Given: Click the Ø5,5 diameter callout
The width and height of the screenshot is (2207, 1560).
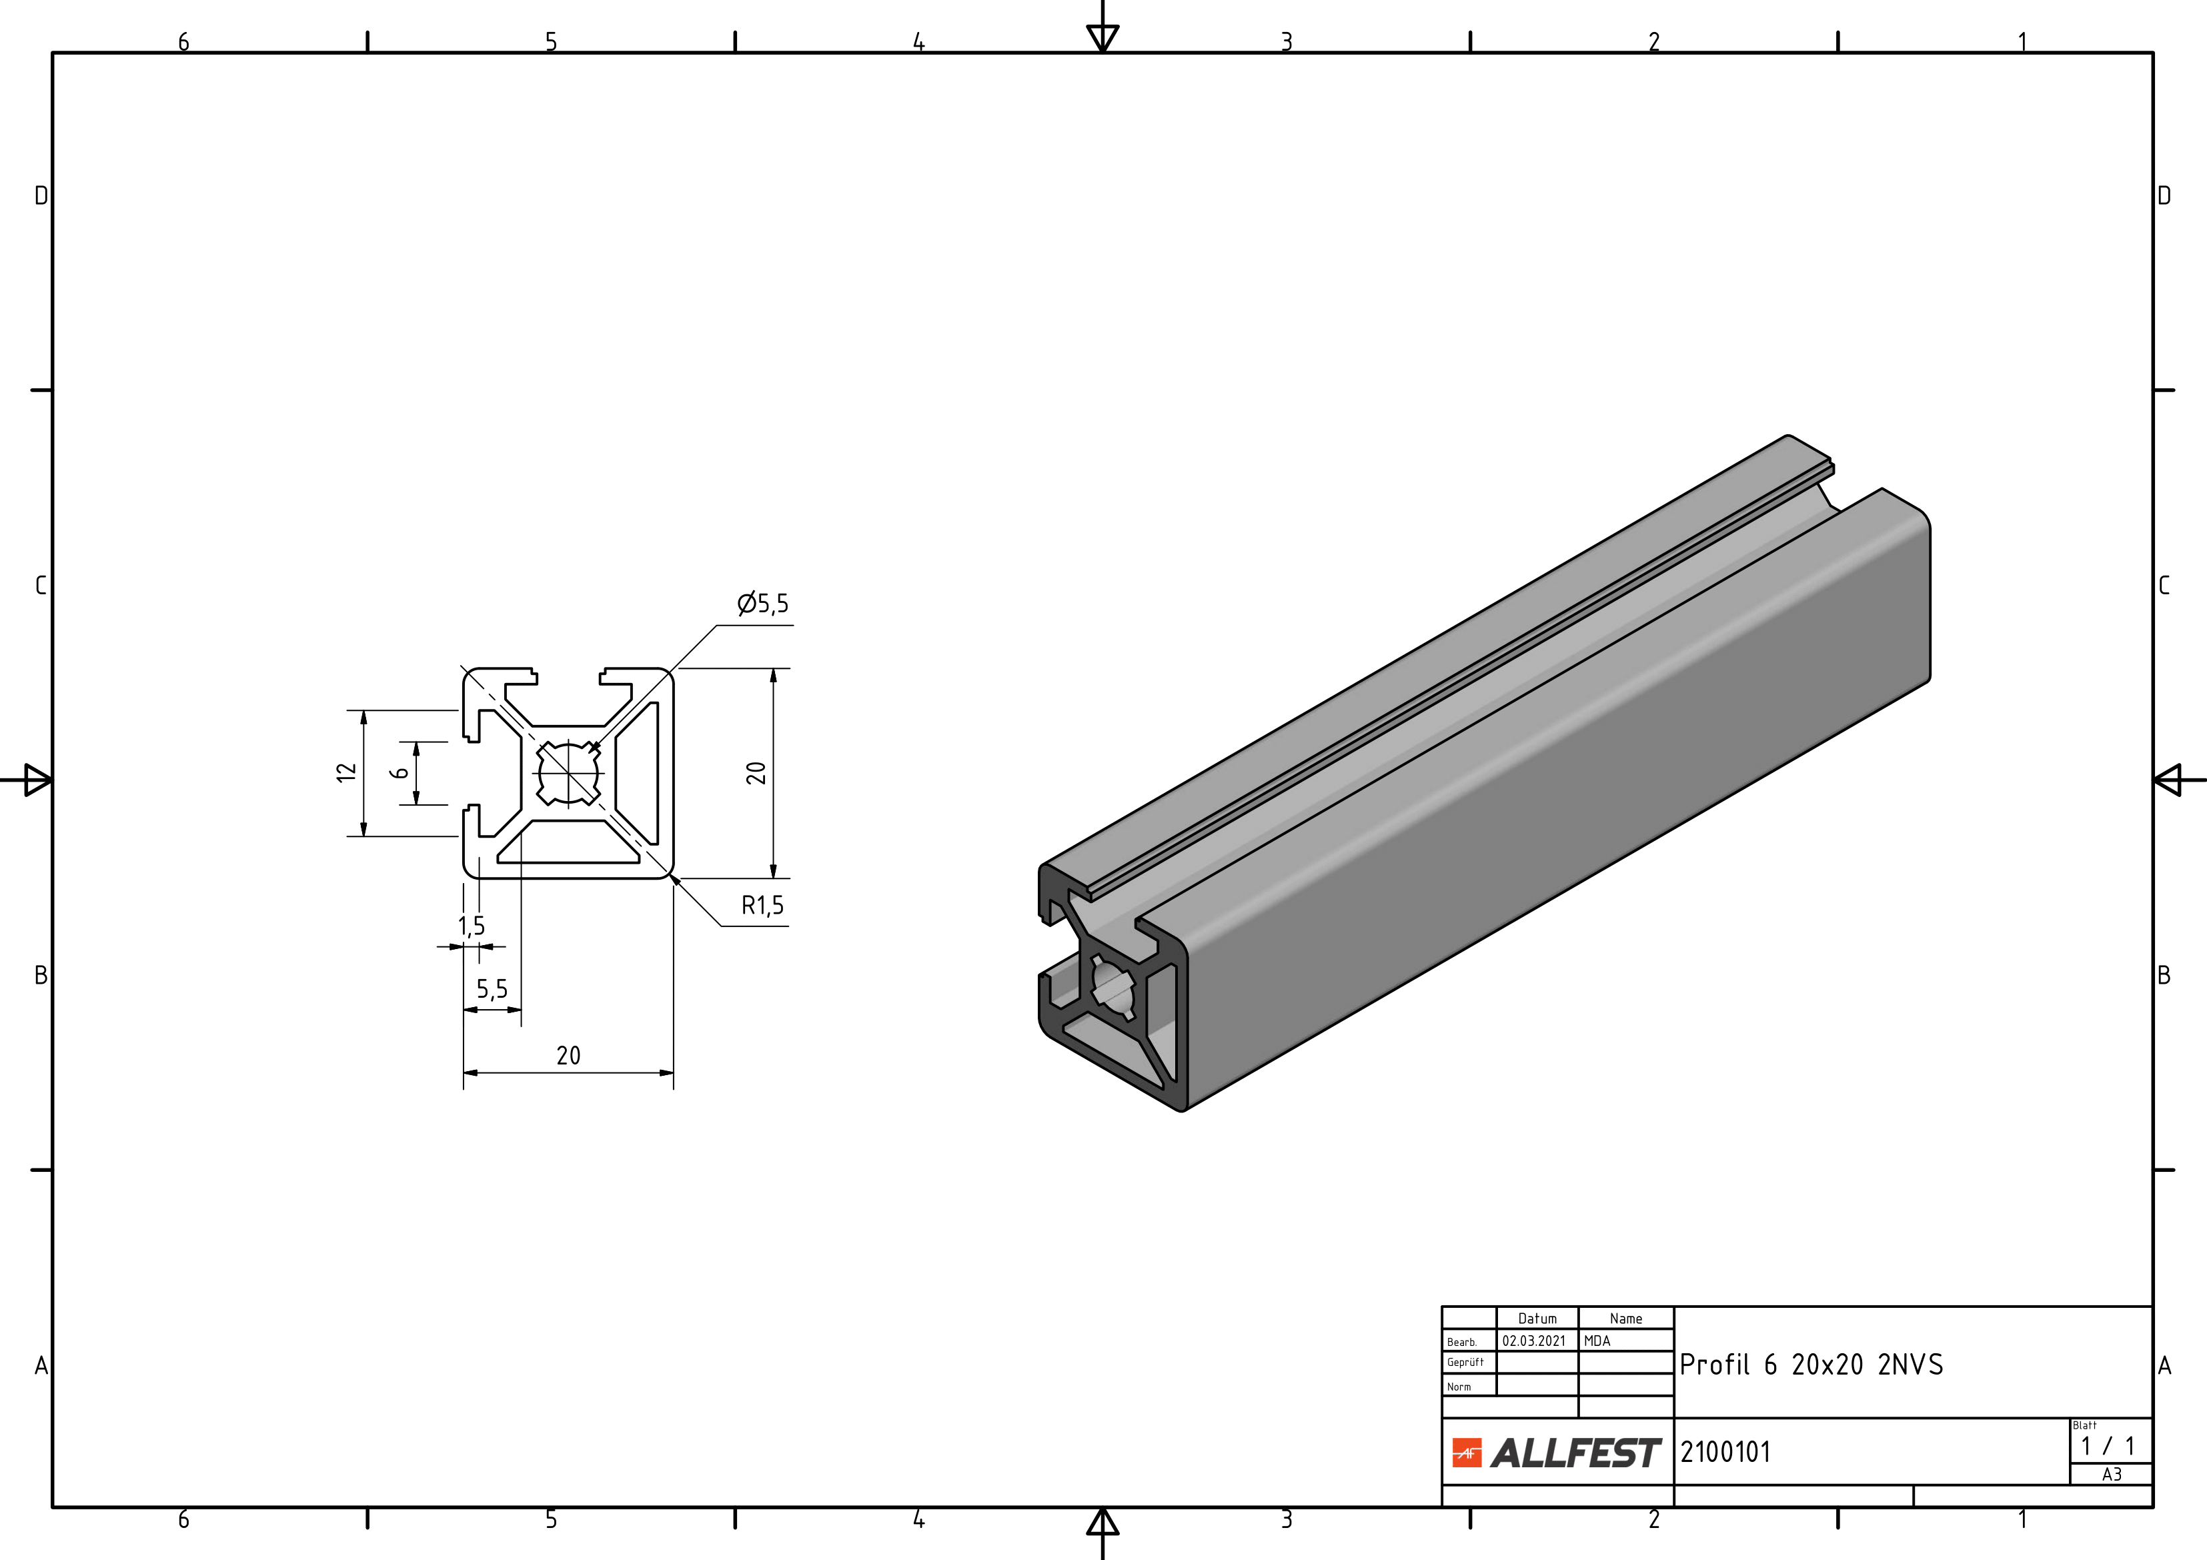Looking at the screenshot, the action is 762,604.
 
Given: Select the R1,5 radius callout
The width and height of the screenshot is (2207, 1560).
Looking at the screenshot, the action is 762,906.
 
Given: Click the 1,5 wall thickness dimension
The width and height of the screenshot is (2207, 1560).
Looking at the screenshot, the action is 471,926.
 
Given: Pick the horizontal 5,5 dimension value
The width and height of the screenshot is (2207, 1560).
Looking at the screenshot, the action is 492,989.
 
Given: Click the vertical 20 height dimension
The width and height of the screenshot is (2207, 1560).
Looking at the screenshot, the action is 756,773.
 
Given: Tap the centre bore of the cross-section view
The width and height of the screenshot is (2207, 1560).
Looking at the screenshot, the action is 568,773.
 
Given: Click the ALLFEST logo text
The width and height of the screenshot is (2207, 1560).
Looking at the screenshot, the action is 1575,1453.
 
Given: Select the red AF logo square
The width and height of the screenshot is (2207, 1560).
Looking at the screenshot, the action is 1467,1453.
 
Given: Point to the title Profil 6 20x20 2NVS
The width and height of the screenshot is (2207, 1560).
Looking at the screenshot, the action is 1811,1365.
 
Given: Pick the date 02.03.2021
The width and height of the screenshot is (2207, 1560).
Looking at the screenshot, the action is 1534,1341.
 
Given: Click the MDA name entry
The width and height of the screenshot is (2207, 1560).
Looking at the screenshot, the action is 1597,1341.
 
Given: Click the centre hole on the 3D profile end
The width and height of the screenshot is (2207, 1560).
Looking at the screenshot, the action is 1113,987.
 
